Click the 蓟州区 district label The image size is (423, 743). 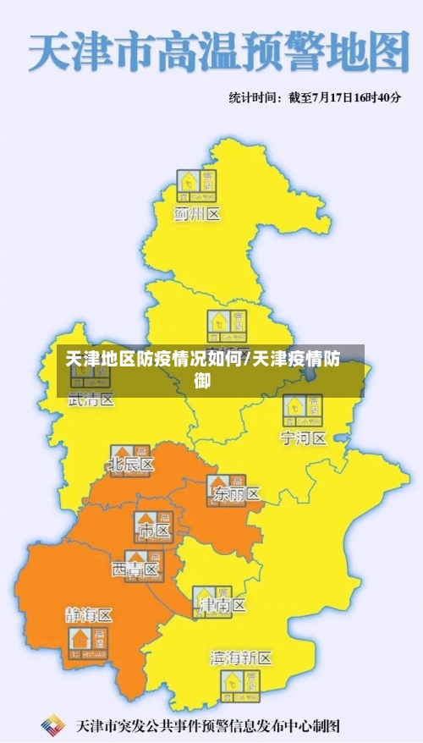coord(196,214)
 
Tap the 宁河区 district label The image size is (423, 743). coord(303,438)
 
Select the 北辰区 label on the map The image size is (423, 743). coord(131,465)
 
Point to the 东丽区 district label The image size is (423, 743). coord(237,493)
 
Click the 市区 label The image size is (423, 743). coord(153,531)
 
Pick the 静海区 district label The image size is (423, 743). coord(88,615)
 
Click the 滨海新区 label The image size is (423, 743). coord(240,658)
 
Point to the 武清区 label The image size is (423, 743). coord(91,400)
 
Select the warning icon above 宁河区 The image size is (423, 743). coord(303,410)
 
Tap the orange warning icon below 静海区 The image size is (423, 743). coord(90,642)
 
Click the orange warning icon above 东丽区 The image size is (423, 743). coord(226,484)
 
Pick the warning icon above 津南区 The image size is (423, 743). coord(211,598)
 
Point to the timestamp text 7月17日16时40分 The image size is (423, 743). coord(344,97)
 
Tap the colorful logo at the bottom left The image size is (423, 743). coord(53,724)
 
